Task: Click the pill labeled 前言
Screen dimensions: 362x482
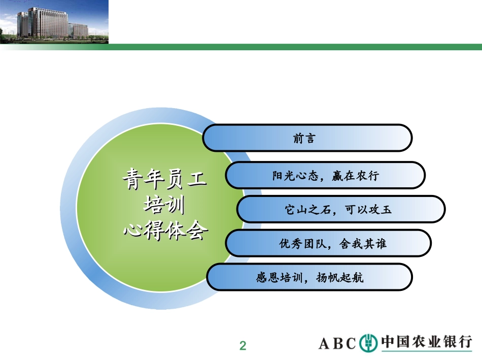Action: tap(307, 138)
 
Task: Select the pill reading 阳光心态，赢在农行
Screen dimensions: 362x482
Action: tap(325, 176)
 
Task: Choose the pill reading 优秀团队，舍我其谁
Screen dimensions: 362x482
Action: tap(328, 244)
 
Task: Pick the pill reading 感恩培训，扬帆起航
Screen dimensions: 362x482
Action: tap(309, 278)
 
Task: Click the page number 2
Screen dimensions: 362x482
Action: tap(243, 346)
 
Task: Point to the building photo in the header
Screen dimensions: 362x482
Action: tap(54, 22)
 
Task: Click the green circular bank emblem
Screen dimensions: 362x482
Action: tap(368, 343)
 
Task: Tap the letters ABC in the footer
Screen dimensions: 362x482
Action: tap(337, 344)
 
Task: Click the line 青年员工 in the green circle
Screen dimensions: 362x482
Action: tap(164, 180)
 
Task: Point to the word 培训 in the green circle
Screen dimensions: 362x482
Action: tap(164, 206)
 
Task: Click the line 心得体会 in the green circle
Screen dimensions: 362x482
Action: tap(165, 231)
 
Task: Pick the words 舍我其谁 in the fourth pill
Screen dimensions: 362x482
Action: tap(361, 244)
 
